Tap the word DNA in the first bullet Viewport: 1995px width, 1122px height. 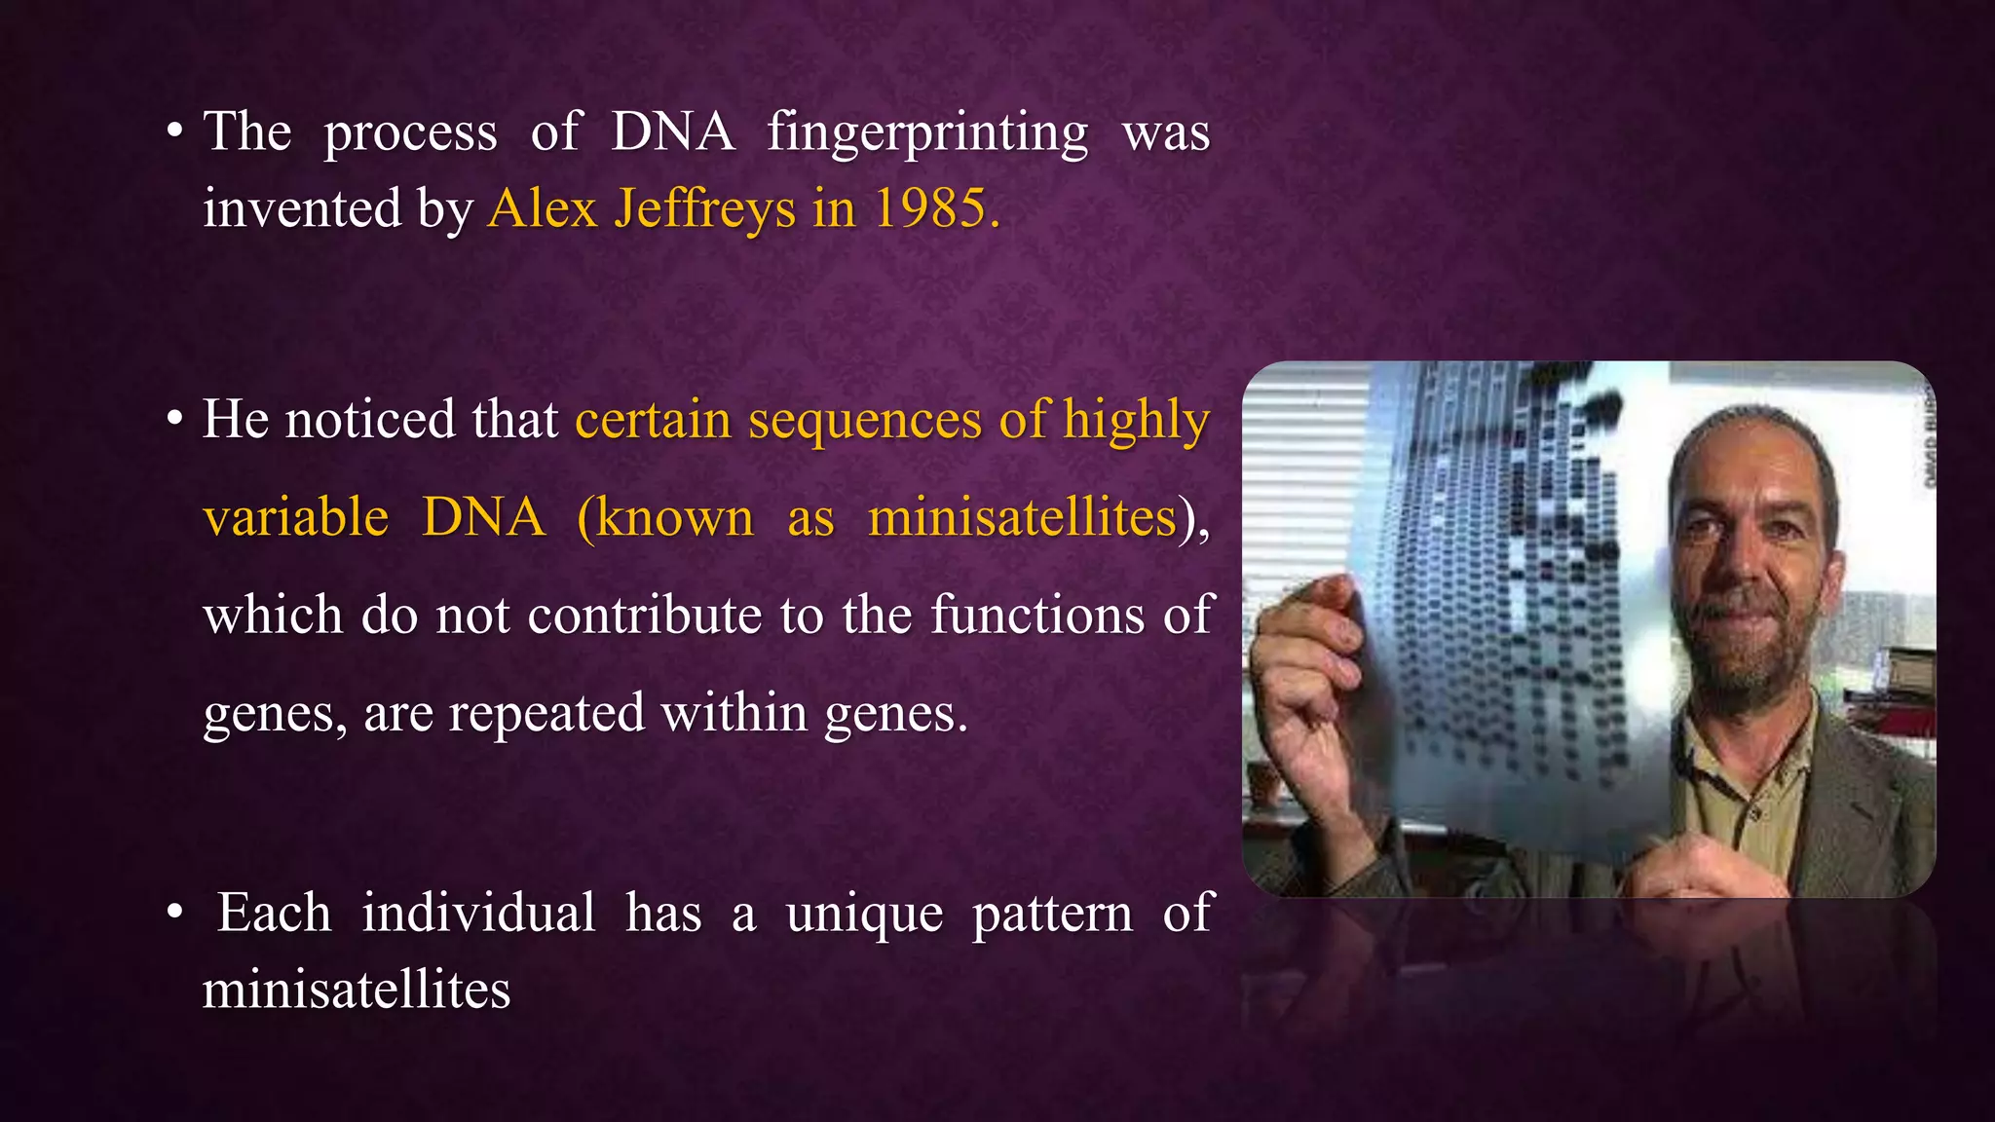(x=672, y=131)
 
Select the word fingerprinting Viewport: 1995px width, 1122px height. (x=927, y=133)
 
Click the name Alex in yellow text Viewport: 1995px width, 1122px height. (x=543, y=208)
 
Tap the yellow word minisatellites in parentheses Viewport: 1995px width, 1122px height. (x=1022, y=516)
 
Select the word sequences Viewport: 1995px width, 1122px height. (x=865, y=421)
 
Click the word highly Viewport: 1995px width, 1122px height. (x=1136, y=421)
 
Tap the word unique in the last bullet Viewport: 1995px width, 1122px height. (x=864, y=914)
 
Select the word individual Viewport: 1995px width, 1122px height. (x=478, y=914)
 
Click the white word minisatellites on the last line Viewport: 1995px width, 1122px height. (x=357, y=990)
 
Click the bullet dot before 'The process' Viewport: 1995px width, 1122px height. (x=175, y=131)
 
